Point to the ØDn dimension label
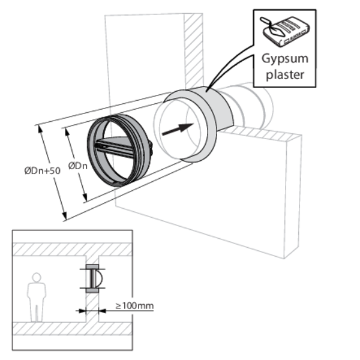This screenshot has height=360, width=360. pos(77,166)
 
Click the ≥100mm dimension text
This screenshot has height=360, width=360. pos(134,306)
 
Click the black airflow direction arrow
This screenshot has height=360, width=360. pos(178,130)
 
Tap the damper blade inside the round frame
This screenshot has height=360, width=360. pos(120,147)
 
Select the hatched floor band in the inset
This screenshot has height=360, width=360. pos(72,328)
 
